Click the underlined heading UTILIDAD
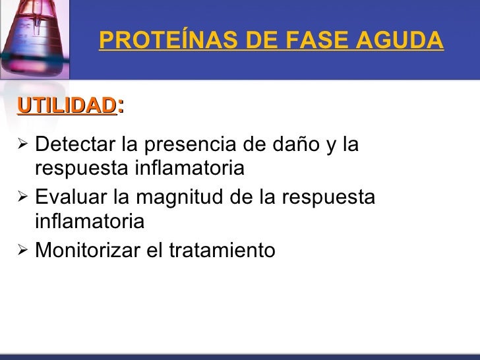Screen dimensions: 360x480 pos(67,105)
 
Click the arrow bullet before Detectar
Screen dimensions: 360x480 pos(22,142)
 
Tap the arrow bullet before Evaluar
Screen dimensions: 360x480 pos(22,196)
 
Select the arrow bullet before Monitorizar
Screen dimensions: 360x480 pos(22,250)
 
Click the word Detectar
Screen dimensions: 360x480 pos(75,143)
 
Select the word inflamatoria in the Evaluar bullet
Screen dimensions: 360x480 pos(89,222)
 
